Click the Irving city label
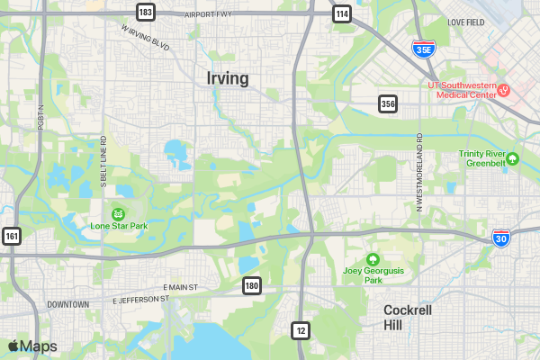tap(228, 78)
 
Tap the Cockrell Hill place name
tap(408, 317)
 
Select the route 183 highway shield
tap(146, 12)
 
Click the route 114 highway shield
tap(340, 13)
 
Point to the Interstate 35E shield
tap(422, 49)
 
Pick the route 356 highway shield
tap(388, 104)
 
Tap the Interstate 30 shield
tap(501, 238)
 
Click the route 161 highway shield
tap(12, 237)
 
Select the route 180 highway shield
tap(252, 285)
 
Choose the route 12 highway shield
tap(301, 330)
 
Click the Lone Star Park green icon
tap(119, 214)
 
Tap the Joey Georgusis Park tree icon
tap(373, 259)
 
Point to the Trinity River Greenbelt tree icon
tap(513, 159)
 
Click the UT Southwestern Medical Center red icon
tap(504, 89)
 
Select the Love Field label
tap(465, 22)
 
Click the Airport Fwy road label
tap(208, 15)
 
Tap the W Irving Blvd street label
tap(145, 36)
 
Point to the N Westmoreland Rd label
tap(419, 171)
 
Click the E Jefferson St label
tap(140, 300)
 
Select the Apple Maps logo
tap(32, 346)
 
